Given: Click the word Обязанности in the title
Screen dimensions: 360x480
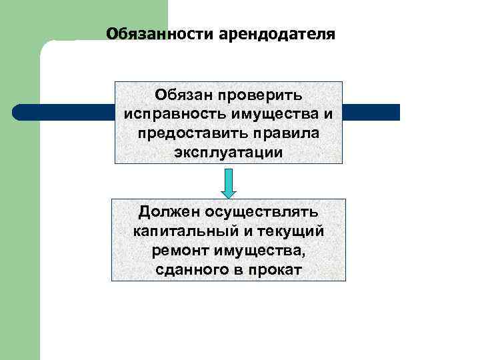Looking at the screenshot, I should coord(159,33).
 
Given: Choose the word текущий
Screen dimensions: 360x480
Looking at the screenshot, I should coord(291,231).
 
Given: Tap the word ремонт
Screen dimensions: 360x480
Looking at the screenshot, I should coord(179,251).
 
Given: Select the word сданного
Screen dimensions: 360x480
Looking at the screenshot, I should coord(189,270).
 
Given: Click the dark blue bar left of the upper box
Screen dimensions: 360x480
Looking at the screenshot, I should coord(64,112).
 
